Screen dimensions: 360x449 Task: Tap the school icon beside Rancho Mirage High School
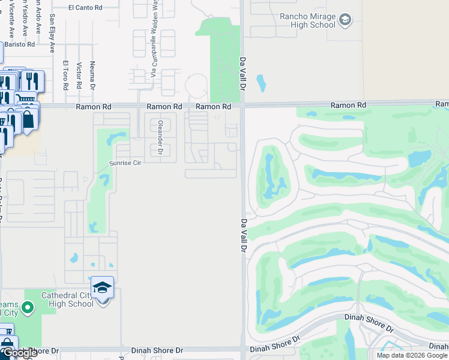(345, 21)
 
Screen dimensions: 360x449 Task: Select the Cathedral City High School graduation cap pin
(103, 288)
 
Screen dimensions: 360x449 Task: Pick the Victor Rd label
(79, 75)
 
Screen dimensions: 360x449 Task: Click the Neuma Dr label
(92, 73)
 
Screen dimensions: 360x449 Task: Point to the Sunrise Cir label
(124, 163)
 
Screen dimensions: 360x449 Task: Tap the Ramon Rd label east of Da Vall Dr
(348, 105)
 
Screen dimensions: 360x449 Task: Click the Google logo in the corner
(19, 353)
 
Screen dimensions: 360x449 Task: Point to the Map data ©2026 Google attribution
(412, 355)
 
